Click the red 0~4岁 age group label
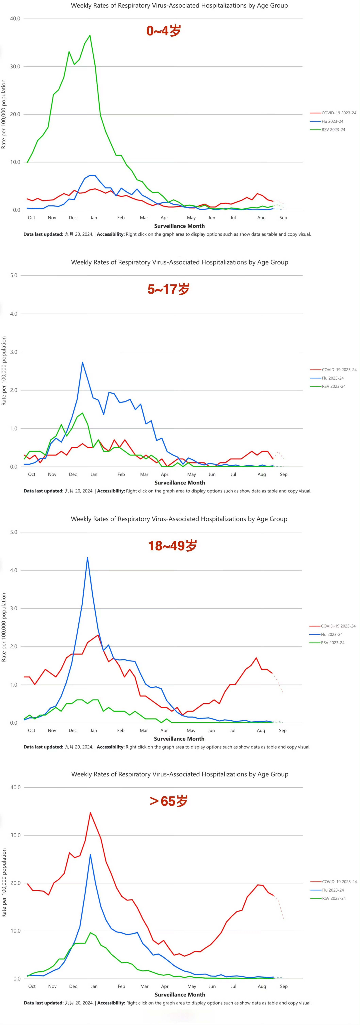(x=163, y=31)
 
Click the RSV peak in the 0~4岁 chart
(x=90, y=35)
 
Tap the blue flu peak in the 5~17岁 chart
(x=82, y=362)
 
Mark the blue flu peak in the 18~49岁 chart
(x=87, y=557)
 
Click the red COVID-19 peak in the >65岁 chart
(x=90, y=813)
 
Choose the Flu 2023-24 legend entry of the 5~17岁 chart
(x=333, y=378)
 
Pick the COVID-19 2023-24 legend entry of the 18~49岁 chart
(x=338, y=626)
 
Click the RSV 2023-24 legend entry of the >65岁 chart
(x=333, y=899)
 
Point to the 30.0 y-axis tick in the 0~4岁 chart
(x=15, y=66)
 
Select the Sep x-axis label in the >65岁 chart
(x=284, y=986)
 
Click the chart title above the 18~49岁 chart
(x=179, y=519)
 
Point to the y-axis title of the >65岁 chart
(x=4, y=883)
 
